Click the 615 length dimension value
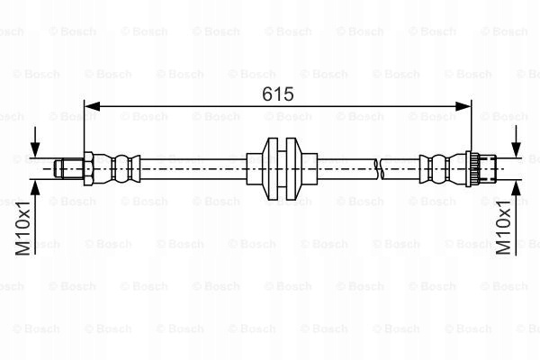tap(277, 94)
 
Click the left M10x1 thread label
tap(22, 229)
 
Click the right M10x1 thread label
tap(503, 228)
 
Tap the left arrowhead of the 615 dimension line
tap(92, 106)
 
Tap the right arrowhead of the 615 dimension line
tap(463, 106)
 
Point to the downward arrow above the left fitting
tap(35, 142)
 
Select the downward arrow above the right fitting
tap(516, 141)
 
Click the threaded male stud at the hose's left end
tap(69, 169)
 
